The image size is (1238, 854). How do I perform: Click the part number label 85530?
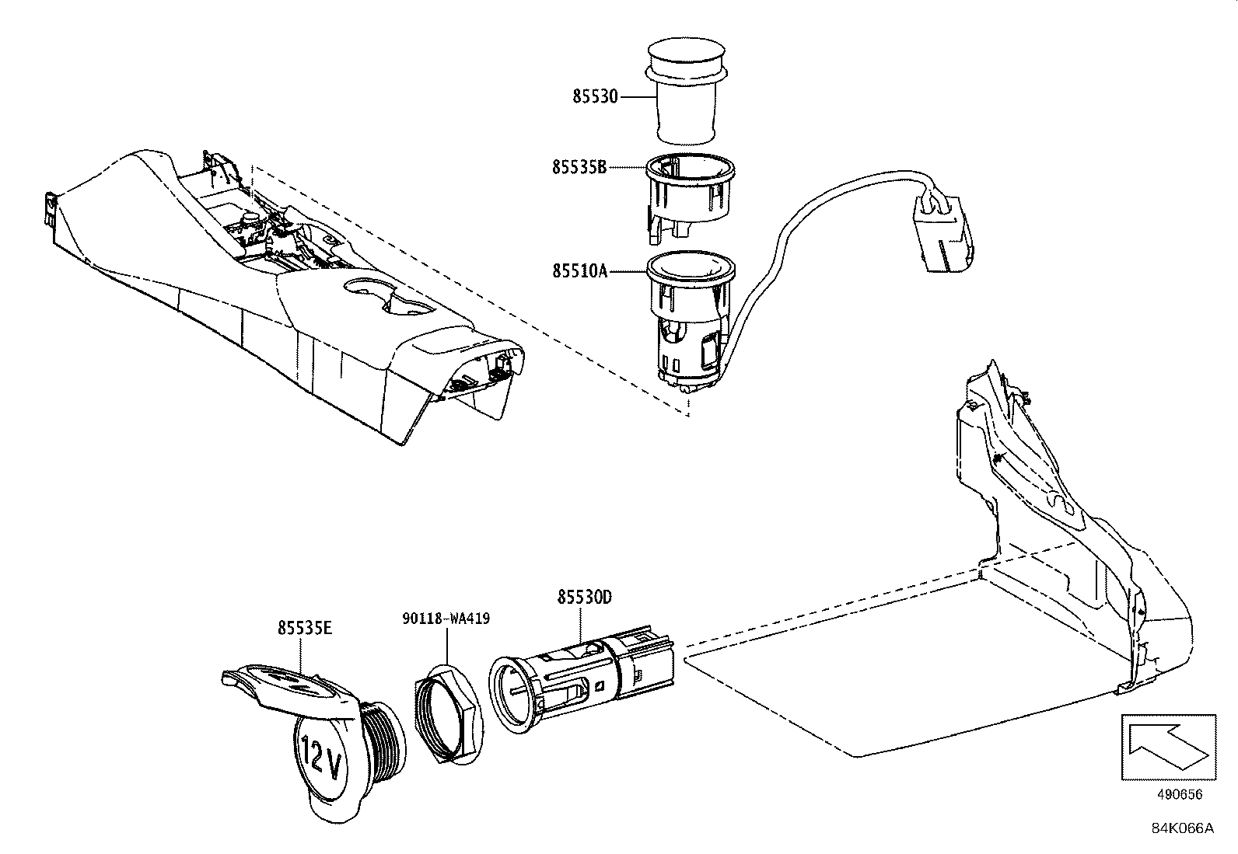595,96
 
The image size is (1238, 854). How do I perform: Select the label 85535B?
579,167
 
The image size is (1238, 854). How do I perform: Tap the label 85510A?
579,271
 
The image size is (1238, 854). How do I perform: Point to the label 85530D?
584,597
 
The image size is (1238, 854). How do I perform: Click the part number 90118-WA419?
446,619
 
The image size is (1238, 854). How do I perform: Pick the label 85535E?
305,628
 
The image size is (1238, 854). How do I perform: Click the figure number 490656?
1179,795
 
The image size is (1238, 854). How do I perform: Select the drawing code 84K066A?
1182,828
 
